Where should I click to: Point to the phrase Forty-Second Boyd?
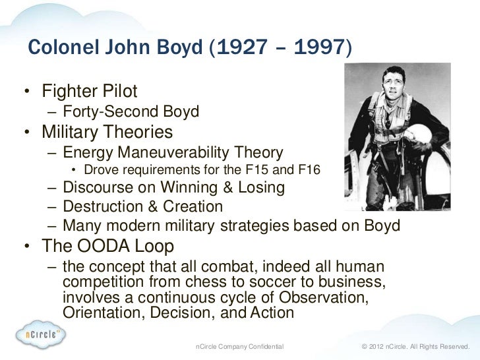point(131,111)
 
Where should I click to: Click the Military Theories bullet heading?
point(107,133)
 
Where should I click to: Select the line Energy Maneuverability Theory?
point(173,153)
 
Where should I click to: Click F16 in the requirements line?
point(309,171)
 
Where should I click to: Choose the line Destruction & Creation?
point(142,207)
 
